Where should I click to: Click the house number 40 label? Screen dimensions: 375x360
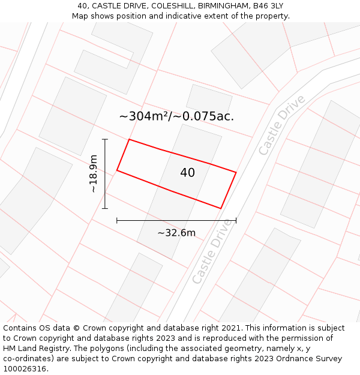point(187,173)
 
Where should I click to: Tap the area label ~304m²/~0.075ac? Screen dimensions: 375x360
point(176,116)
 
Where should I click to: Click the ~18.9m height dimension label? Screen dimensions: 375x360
point(93,174)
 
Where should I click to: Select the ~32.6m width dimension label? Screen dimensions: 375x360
point(176,233)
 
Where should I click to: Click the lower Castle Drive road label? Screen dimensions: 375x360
point(212,251)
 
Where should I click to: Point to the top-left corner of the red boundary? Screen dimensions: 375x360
point(129,140)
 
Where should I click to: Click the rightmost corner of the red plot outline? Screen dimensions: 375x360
point(236,173)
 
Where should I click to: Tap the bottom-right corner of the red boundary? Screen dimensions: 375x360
point(221,208)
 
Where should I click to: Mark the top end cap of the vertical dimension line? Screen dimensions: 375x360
point(105,139)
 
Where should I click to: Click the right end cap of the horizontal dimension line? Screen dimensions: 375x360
point(236,221)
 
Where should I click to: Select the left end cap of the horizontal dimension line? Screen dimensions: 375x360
point(117,221)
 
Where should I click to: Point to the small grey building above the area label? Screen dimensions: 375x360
point(209,99)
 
